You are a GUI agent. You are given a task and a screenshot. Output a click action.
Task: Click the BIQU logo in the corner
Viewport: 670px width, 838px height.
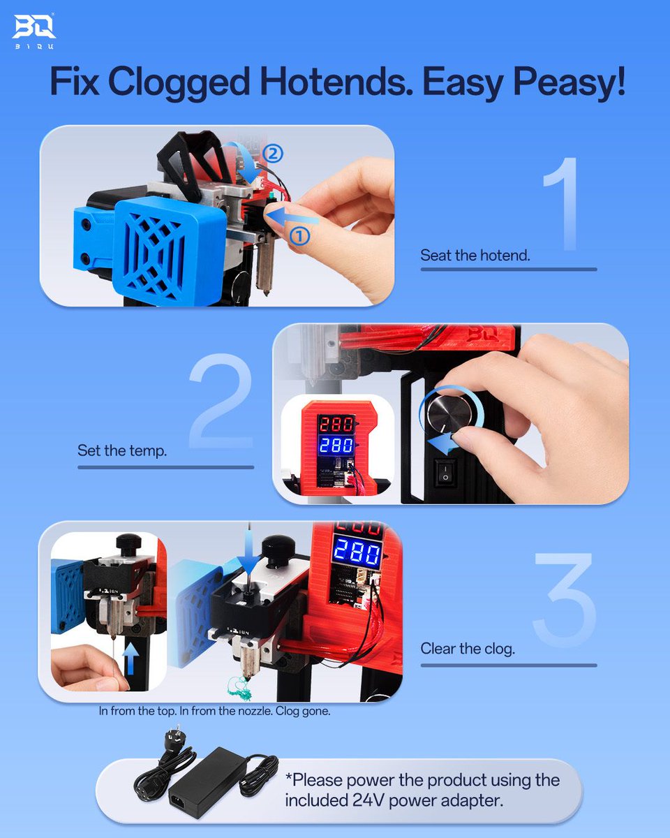pos(34,31)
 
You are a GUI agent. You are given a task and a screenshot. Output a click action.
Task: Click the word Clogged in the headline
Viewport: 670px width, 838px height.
pos(179,82)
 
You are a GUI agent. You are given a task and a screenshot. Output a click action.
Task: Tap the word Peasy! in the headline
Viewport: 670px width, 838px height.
pos(569,82)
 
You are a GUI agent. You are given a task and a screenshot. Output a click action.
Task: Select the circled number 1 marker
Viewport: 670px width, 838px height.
pos(299,236)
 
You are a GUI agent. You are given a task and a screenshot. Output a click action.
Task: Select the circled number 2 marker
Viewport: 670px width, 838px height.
pos(272,154)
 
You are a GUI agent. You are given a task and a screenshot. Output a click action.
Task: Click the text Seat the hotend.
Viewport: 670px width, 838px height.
pos(475,256)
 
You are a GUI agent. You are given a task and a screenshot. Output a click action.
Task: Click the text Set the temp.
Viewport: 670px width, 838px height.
pos(122,450)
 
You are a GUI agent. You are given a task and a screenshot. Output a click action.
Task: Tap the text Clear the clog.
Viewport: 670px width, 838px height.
pos(468,649)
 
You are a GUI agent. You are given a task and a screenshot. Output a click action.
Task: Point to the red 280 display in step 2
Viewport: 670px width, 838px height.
pos(336,423)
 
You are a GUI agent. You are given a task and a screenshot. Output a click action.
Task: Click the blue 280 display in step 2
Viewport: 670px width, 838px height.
pos(336,445)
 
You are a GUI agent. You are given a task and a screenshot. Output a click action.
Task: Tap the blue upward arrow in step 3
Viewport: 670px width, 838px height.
pos(131,659)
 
